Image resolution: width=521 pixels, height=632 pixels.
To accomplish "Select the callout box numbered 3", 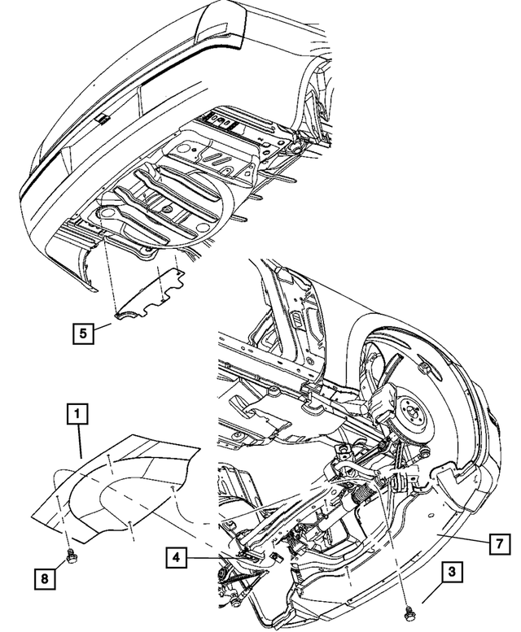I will coord(451,572).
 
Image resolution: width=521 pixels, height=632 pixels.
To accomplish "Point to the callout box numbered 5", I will coord(81,332).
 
